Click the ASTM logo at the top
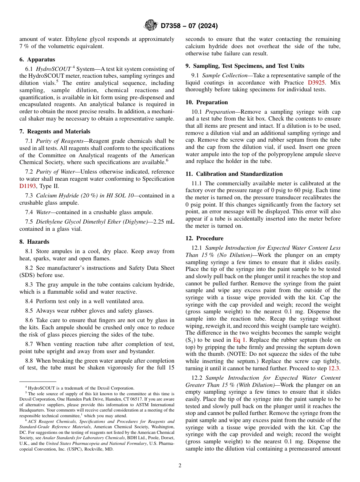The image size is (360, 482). tap(150, 26)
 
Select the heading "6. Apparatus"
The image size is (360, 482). tap(37, 59)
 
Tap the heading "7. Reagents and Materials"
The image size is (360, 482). tap(55, 131)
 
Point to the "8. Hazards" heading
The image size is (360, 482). tap(34, 242)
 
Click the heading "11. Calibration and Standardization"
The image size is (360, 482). tap(234, 174)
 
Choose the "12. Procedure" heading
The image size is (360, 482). tap(204, 238)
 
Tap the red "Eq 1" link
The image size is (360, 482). tap(239, 340)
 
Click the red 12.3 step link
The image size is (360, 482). tap(334, 368)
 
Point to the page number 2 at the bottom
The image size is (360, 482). tap(180, 466)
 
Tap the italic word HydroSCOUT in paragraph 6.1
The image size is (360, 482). tap(53, 69)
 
